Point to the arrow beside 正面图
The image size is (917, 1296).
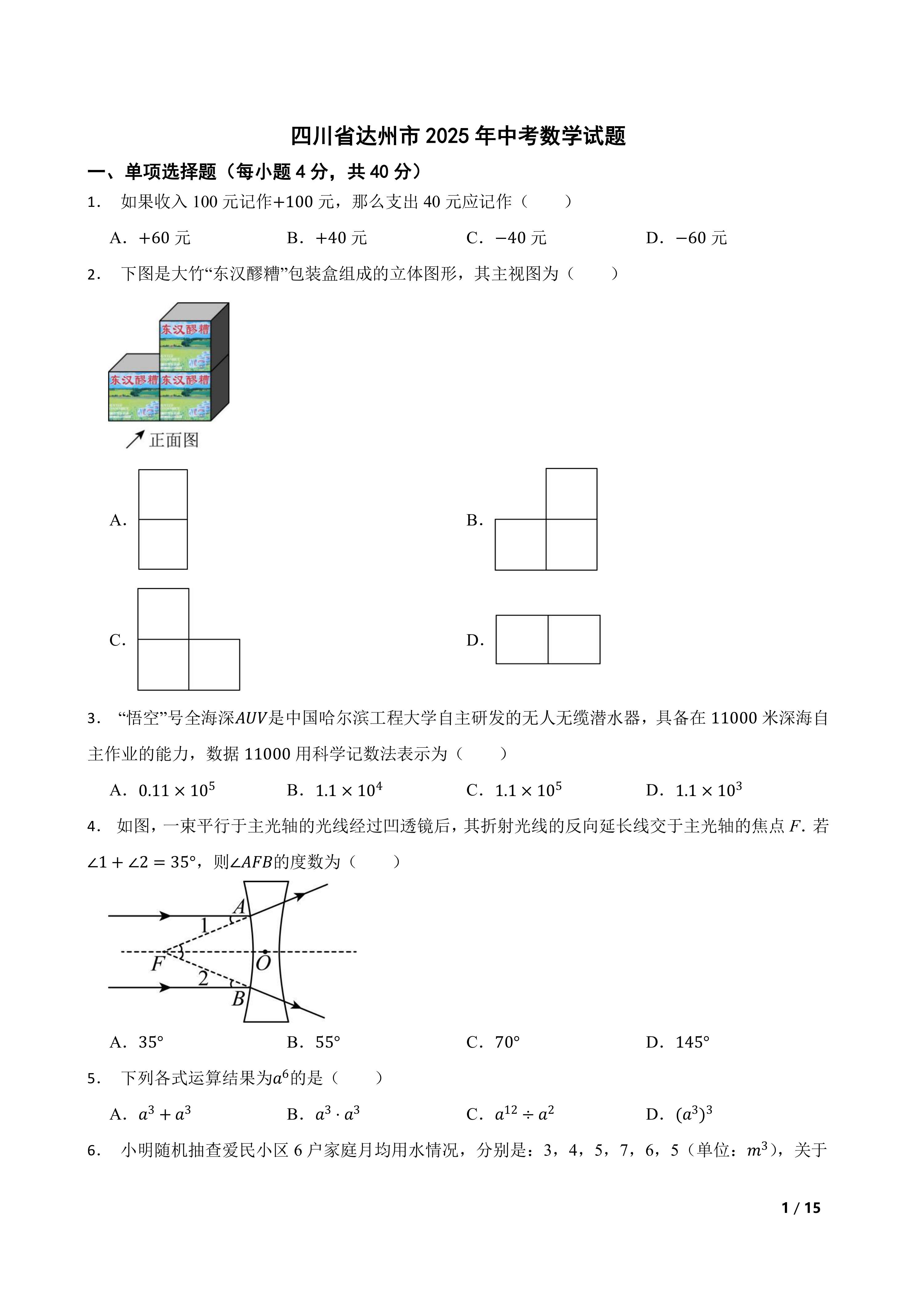pyautogui.click(x=135, y=439)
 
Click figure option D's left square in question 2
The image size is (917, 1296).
pyautogui.click(x=522, y=639)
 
